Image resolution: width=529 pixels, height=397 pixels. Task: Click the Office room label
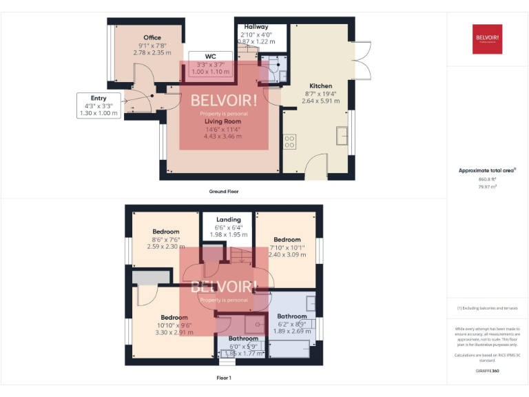coord(152,38)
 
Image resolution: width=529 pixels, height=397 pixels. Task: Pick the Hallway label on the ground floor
coord(256,27)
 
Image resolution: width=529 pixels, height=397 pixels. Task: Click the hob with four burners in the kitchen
coord(290,142)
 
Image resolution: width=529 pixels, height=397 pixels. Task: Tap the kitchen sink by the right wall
coord(342,136)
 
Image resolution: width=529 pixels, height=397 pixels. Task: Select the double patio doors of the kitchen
coord(360,61)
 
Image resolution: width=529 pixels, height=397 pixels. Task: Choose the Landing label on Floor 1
coord(228,220)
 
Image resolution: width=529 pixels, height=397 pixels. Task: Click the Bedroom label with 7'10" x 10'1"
coord(287,240)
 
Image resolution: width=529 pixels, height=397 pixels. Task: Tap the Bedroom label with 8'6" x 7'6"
coord(166,232)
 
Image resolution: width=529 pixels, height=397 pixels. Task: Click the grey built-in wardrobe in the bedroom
coord(150,277)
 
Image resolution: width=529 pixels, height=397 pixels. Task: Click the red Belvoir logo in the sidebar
coord(488,39)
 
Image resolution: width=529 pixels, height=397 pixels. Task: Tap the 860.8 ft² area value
coord(488,179)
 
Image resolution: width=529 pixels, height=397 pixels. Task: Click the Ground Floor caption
coord(224,191)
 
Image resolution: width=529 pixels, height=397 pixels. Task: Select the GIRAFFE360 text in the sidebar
coord(487,371)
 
